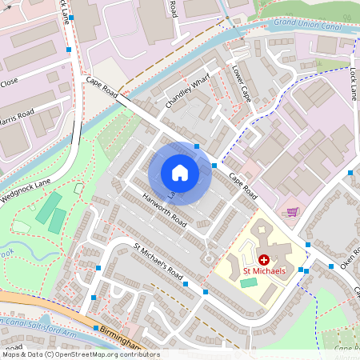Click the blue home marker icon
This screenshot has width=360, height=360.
tap(180, 173)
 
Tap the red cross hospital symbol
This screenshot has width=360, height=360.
tap(264, 260)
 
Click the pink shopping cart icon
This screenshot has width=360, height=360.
tap(293, 211)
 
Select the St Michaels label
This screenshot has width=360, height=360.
tap(264, 273)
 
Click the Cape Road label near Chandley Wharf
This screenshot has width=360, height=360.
tap(102, 86)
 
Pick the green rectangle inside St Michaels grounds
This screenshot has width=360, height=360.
tap(250, 282)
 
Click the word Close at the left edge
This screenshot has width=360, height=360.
tap(9, 82)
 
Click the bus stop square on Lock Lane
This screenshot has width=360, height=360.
tap(350, 173)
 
